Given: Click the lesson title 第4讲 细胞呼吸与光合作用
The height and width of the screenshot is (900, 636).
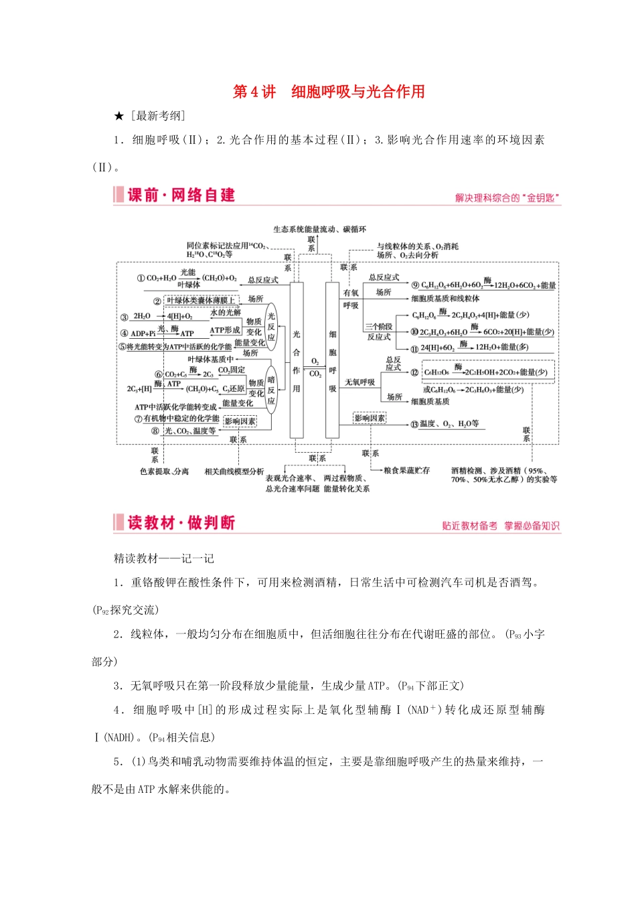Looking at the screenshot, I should coord(328,92).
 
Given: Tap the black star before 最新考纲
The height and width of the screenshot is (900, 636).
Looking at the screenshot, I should coord(119,117).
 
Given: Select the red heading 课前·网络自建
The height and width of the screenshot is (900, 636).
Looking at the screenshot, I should coord(181,195).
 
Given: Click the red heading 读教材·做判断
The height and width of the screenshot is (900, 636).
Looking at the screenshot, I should coord(181,522).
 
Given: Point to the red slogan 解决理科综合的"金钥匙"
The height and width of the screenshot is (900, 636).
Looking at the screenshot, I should coord(507,198).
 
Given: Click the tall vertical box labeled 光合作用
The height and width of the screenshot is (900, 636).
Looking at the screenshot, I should coord(297,360).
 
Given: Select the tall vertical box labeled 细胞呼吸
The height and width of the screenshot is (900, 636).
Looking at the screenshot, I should coord(333,360).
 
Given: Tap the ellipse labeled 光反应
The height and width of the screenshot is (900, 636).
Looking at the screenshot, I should coord(271,327).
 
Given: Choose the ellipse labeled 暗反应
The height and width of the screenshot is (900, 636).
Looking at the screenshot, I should coord(271,390).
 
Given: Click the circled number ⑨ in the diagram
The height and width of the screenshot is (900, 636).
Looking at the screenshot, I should coord(415,285).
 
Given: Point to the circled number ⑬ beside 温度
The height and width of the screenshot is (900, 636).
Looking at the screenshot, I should coord(414,424).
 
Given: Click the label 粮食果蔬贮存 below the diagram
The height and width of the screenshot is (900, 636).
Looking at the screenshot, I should coord(406,471).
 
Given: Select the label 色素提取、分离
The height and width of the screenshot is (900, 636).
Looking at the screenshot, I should coord(164,471).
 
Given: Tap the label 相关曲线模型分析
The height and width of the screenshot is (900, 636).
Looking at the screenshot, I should coord(234,471).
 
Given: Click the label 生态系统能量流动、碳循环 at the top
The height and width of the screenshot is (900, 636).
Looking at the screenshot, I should coord(319,229).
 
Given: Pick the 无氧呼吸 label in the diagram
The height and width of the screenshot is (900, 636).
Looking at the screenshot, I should coord(360,382).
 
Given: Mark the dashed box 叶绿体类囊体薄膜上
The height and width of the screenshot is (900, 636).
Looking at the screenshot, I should coord(201,301).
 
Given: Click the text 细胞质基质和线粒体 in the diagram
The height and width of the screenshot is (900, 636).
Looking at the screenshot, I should coord(445,299).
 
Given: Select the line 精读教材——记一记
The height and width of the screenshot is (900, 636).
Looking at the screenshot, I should coord(164,558).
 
